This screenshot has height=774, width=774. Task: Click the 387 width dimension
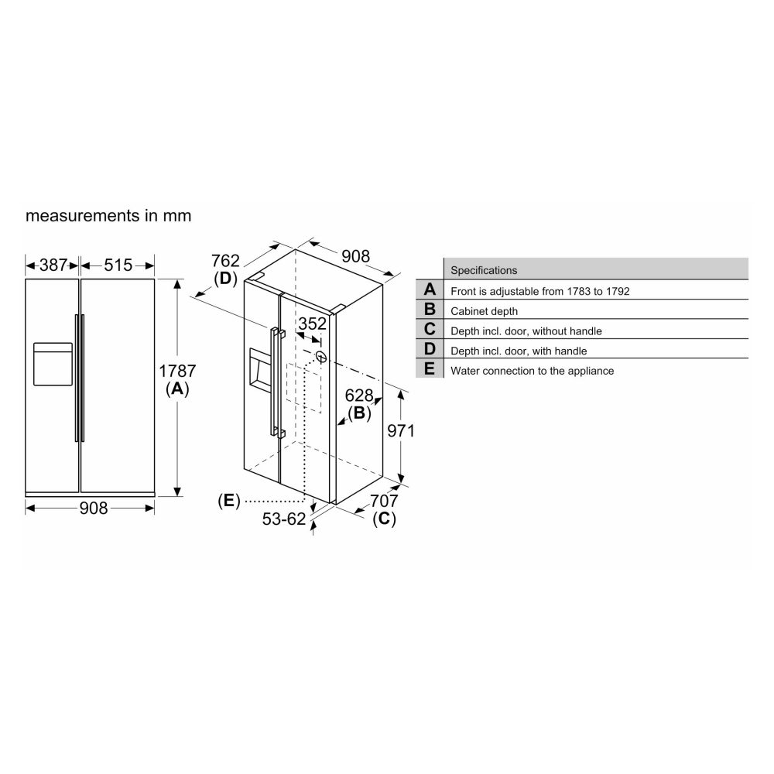pos(53,265)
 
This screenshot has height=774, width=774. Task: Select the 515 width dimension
pos(118,265)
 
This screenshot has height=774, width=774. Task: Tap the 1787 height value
pos(177,371)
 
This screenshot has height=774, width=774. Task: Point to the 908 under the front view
pos(94,508)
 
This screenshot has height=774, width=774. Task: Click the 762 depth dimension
pos(225,260)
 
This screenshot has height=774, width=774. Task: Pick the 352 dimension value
pos(312,324)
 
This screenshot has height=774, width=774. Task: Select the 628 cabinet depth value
pos(359,396)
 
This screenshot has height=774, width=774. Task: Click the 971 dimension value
pos(401,431)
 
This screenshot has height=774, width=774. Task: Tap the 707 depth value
pos(384,501)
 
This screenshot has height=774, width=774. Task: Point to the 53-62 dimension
pos(284,519)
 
